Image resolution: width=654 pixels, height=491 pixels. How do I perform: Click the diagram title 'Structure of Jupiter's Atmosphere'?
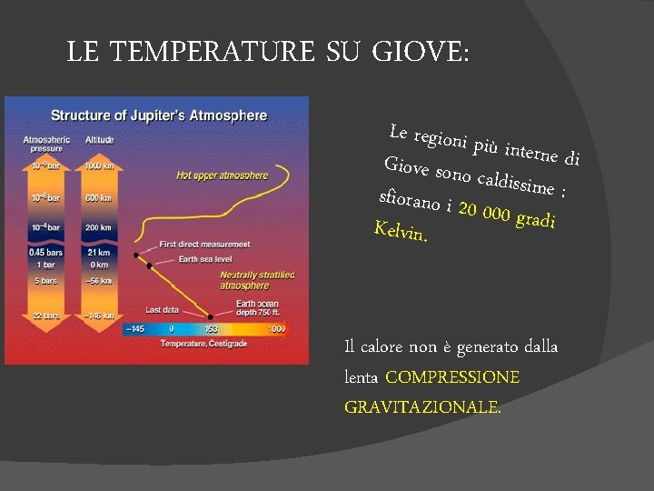tap(159, 115)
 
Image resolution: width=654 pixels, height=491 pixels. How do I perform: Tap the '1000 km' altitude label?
tap(99, 166)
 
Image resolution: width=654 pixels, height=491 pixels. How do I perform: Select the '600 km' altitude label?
tap(99, 197)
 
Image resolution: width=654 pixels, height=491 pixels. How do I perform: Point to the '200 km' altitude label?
tap(99, 226)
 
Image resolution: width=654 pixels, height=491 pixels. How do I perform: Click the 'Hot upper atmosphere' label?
tap(222, 175)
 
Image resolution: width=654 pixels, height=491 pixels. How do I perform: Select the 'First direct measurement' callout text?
tap(204, 244)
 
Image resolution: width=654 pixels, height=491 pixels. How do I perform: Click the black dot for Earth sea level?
tap(149, 266)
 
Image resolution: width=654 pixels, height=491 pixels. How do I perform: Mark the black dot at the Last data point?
tap(211, 316)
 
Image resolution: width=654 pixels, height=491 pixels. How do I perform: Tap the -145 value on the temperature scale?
tap(135, 329)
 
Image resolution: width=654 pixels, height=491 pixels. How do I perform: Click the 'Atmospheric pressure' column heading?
tap(42, 143)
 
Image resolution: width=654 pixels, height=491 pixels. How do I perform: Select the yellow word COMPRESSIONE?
tap(452, 376)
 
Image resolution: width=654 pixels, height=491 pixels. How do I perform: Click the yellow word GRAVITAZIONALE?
tap(421, 407)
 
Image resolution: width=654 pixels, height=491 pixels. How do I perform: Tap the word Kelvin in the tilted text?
tap(401, 231)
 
